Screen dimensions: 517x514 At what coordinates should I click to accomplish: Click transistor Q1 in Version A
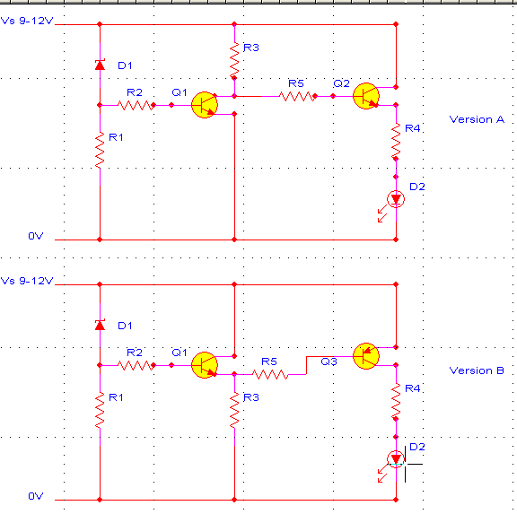click(205, 105)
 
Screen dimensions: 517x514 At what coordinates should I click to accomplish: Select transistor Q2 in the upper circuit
click(366, 96)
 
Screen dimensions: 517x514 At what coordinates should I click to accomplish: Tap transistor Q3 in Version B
click(366, 356)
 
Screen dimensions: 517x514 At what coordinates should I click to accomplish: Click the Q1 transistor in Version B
click(205, 365)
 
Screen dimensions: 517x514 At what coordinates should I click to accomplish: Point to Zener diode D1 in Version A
click(100, 65)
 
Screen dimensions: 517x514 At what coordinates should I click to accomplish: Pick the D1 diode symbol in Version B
click(100, 325)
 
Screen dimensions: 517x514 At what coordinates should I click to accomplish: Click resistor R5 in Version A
click(297, 96)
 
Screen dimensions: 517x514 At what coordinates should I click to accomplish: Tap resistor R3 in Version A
click(234, 60)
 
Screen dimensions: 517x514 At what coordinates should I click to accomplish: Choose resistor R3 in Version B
click(234, 410)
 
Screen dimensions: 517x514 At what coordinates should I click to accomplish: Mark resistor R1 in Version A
click(100, 150)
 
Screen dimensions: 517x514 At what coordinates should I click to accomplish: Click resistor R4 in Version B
click(396, 401)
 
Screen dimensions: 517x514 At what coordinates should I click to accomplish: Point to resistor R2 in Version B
click(136, 365)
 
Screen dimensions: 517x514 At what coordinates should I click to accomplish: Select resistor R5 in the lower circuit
click(270, 374)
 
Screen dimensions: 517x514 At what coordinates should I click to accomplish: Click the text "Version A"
click(477, 119)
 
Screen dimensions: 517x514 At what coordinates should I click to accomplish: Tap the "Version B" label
click(477, 370)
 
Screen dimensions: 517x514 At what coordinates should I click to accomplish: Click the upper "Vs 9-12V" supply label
click(27, 21)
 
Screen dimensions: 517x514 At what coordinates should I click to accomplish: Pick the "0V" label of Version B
click(36, 496)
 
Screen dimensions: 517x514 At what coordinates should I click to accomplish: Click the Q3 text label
click(329, 362)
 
